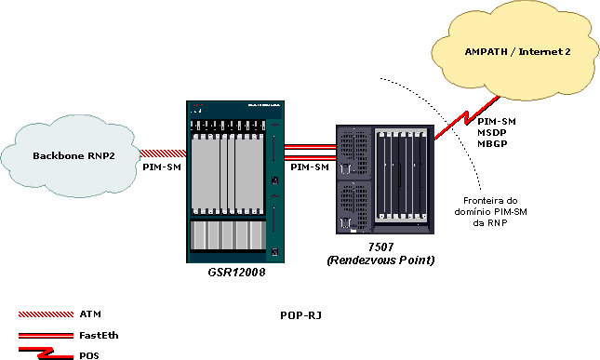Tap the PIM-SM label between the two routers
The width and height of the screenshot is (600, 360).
click(x=309, y=167)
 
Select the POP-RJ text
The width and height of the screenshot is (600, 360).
click(x=300, y=316)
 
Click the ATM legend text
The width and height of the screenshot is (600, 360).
click(x=90, y=314)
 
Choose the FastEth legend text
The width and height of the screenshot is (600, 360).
click(x=100, y=335)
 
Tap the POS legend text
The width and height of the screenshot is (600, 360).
click(x=90, y=354)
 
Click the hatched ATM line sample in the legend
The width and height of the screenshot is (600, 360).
click(x=45, y=314)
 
